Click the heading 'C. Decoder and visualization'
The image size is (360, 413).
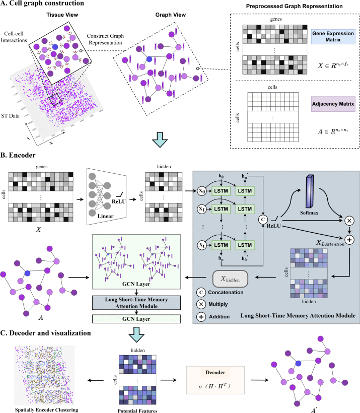[x=54, y=332]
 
